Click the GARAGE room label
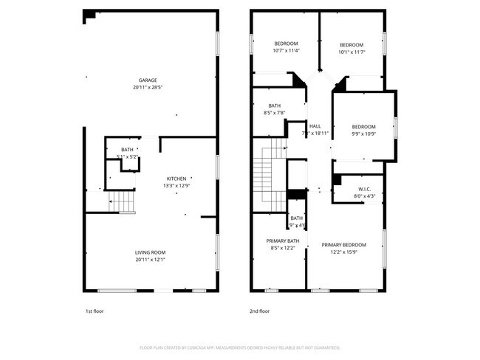coord(148,80)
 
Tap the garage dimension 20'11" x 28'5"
coord(148,88)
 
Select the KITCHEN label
coord(176,179)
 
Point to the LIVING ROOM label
coord(149,252)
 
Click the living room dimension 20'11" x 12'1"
coord(149,260)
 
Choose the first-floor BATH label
coord(128,150)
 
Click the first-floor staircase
coord(124,201)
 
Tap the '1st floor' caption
coord(94,311)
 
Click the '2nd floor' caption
coord(259,311)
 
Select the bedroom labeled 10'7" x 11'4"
coord(285,47)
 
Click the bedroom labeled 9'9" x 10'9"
coord(363,130)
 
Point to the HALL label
coord(315,126)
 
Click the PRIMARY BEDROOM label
coord(343,245)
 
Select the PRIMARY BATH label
coord(283,241)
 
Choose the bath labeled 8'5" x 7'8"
coord(275,108)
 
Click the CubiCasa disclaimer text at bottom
coord(239,347)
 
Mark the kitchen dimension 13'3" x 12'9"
coord(176,186)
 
